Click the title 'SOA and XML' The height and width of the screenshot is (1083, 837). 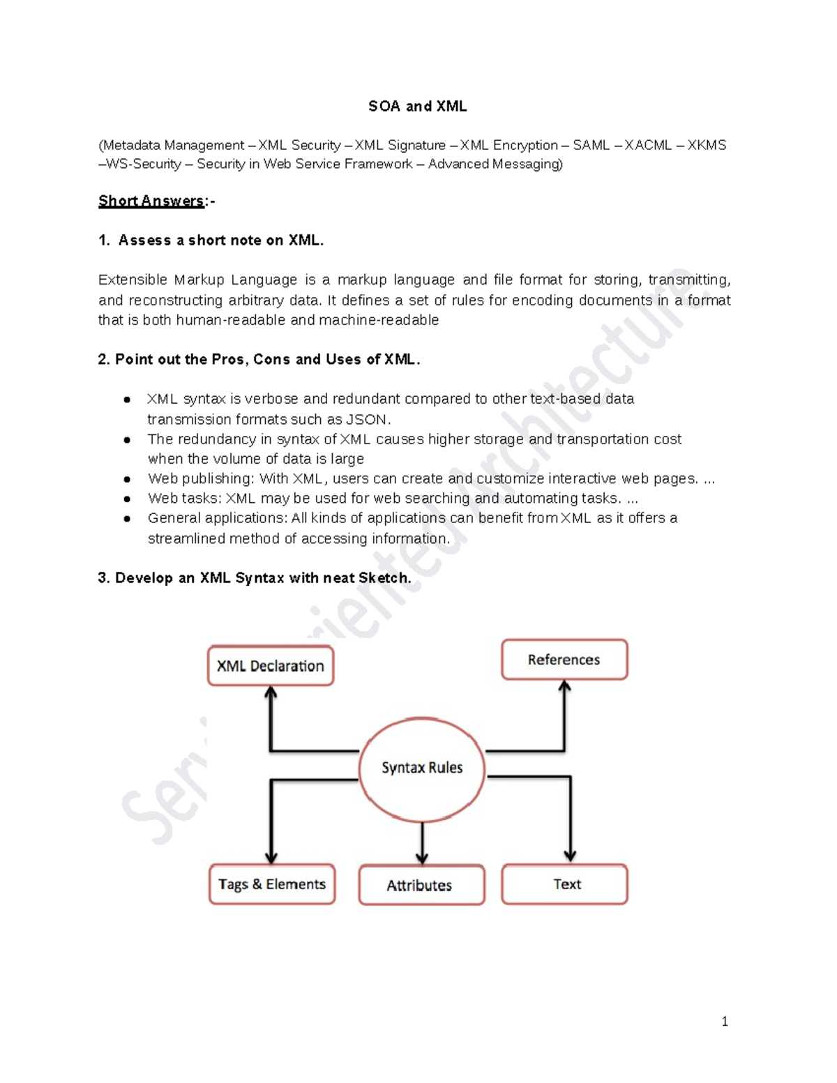[x=417, y=106]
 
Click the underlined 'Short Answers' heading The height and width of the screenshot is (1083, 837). [x=151, y=201]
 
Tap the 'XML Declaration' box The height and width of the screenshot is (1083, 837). [x=271, y=666]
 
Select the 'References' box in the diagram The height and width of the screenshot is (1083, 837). [x=564, y=660]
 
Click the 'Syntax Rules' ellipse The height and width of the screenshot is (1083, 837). [x=422, y=768]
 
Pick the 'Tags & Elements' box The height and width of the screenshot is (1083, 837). [x=272, y=884]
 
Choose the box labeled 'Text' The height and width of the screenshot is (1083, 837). [x=565, y=884]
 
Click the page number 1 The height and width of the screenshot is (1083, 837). [x=725, y=1022]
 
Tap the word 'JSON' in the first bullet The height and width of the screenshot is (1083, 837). [x=365, y=419]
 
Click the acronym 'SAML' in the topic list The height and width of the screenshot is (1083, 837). [x=591, y=145]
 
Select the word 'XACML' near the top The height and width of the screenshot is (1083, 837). [x=648, y=145]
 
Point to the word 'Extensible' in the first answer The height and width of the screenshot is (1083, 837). [x=133, y=280]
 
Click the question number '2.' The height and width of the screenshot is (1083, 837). [x=104, y=359]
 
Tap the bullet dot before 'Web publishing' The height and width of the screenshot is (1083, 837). [x=127, y=479]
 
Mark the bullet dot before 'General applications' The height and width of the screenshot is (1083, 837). [x=127, y=518]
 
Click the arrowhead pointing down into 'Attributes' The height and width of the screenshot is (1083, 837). [x=421, y=857]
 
